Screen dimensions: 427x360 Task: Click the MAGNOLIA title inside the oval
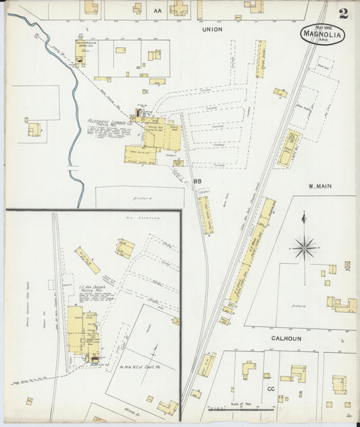(321, 34)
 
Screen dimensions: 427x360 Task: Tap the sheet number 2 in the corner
(344, 13)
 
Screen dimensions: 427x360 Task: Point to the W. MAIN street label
(322, 186)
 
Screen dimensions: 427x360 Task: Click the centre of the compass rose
(305, 247)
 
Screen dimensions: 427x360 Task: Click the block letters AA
(158, 11)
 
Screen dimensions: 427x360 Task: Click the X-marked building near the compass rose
(347, 265)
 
